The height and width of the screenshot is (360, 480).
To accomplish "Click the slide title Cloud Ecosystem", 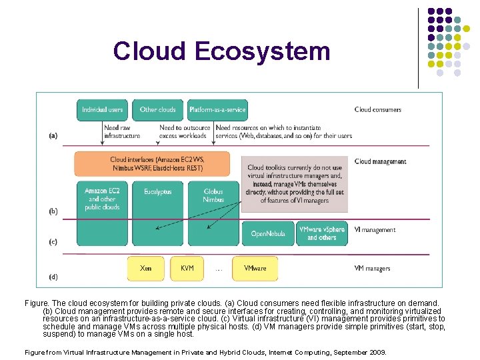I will tap(221, 51).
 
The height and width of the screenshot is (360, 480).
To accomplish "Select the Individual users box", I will tap(102, 109).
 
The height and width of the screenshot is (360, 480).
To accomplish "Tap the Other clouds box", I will tap(158, 109).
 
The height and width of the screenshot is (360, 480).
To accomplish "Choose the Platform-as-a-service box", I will tap(217, 109).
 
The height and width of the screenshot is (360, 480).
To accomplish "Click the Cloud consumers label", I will tap(378, 109).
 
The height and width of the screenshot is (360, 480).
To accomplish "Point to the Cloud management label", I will tap(380, 161).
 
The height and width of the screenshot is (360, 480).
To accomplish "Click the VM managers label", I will tap(373, 268).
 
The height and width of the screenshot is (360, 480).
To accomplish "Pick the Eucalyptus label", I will tap(158, 192).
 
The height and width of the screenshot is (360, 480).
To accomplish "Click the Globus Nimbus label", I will tap(213, 195).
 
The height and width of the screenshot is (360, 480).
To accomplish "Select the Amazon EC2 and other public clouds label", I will tap(102, 199).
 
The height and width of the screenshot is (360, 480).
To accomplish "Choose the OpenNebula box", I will tap(268, 233).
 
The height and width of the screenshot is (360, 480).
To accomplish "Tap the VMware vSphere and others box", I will tap(322, 233).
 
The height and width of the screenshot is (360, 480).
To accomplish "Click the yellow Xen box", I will tap(146, 268).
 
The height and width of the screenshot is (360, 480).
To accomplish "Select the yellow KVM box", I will tap(187, 268).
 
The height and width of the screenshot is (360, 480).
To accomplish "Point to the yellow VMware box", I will tap(255, 268).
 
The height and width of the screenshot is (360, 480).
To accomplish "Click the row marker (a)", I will tap(53, 135).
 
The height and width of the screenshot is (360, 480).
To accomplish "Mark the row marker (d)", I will tap(53, 276).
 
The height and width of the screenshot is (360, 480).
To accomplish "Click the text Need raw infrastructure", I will tap(122, 131).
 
